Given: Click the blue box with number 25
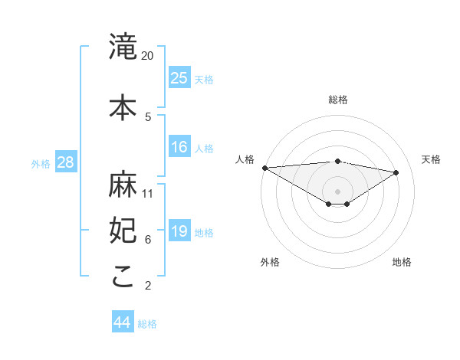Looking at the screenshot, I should point(179,78).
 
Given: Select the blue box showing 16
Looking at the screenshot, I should point(179,147).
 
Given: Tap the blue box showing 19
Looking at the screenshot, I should point(179,232).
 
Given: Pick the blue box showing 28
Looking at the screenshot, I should point(65,162).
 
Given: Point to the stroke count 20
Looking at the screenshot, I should point(148,56).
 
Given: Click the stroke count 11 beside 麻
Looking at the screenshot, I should point(148,193).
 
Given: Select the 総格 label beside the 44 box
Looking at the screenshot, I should point(147,324).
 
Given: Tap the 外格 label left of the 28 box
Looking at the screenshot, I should point(41,163).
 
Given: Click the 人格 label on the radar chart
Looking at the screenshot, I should point(245,159).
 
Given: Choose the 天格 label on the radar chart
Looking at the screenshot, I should point(431,159).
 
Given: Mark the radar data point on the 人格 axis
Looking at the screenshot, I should point(264,168).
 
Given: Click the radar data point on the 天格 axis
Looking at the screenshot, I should point(396,172).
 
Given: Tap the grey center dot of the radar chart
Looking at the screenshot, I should point(337,191).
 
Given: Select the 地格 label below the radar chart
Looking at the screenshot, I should point(402,262).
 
